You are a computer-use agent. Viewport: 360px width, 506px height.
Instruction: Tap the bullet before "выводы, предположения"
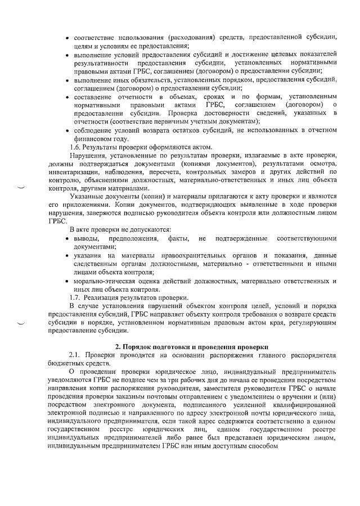tap(68, 240)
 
